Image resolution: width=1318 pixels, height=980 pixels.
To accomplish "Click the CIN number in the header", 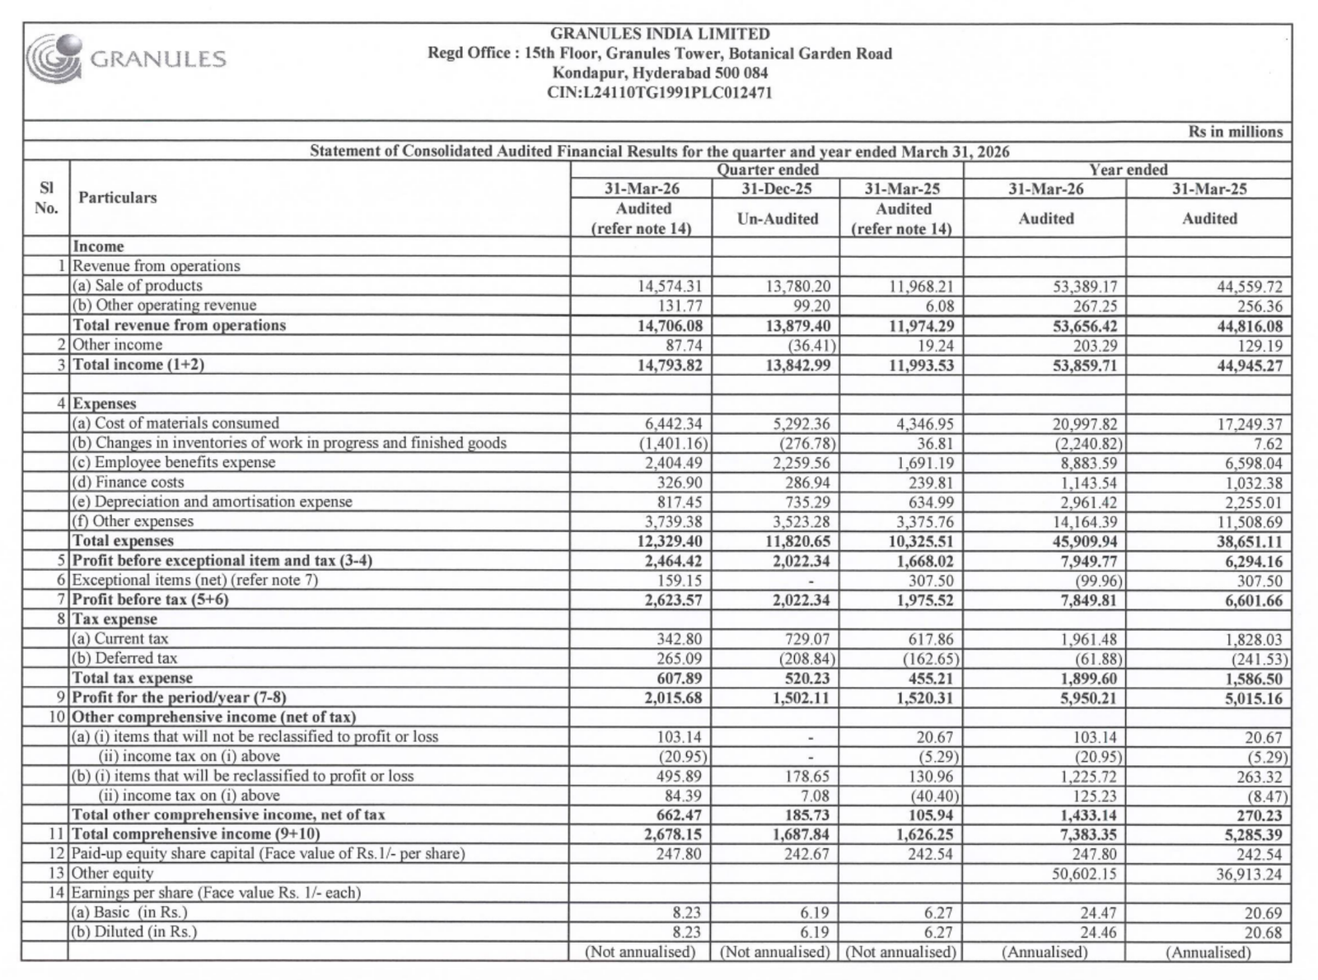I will (659, 93).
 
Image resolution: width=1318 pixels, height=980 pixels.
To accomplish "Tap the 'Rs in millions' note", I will (1235, 132).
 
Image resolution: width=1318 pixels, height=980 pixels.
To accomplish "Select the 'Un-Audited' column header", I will (777, 219).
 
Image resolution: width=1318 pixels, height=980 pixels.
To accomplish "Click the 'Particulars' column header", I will (117, 198).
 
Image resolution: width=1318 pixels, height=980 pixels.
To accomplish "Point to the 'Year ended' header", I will (1127, 170).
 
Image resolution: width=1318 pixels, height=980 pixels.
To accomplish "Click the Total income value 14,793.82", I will (670, 365).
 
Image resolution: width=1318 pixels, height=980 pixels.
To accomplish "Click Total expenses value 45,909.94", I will (1085, 542).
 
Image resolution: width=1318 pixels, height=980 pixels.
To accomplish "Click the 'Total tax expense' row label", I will (133, 679).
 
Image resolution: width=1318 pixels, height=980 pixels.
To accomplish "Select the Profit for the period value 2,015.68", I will (670, 698).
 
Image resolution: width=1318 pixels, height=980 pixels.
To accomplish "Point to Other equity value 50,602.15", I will (1084, 874).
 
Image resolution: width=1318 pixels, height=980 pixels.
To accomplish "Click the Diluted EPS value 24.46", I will (1099, 933).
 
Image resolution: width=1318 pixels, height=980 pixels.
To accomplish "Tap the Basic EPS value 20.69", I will (1263, 913).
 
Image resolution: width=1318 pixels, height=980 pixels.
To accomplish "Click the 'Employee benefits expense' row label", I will (174, 463).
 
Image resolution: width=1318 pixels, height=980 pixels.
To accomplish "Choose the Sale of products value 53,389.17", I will (1084, 287).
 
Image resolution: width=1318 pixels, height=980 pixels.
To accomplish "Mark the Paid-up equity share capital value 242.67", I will (806, 854).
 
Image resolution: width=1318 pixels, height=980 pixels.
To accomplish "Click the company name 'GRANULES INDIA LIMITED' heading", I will (659, 34).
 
